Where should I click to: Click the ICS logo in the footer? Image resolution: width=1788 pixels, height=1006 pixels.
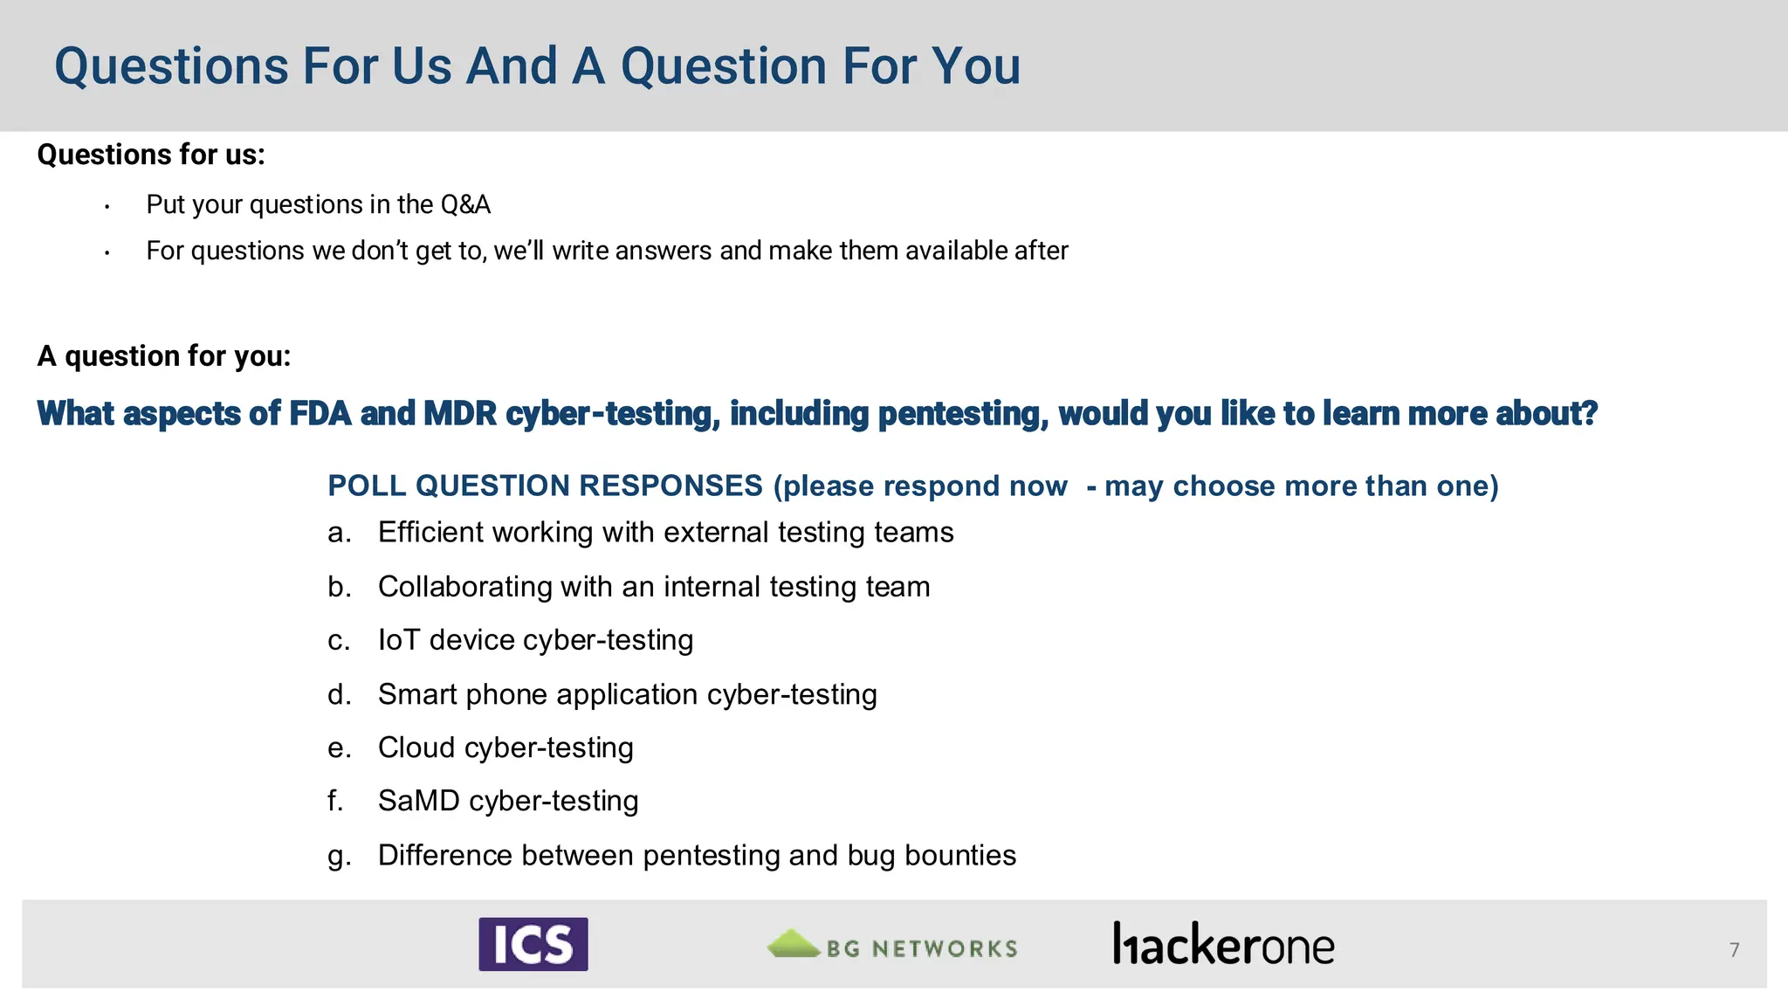click(533, 944)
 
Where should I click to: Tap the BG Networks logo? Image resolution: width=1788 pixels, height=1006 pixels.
click(892, 946)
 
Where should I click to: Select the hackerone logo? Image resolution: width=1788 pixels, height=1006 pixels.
click(1223, 945)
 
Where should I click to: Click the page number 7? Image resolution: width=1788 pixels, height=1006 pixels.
click(1734, 950)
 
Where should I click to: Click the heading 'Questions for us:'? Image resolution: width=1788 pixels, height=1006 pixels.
click(150, 155)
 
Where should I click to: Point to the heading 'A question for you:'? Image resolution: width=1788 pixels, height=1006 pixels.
click(163, 356)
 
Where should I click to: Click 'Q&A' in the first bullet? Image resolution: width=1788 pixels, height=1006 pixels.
click(465, 204)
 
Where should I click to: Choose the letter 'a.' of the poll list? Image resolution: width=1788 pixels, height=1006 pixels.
click(340, 533)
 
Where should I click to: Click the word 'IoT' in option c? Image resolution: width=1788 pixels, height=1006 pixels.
click(398, 640)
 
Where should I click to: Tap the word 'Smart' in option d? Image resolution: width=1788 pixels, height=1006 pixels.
click(417, 694)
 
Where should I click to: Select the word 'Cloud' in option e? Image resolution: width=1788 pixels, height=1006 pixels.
click(416, 748)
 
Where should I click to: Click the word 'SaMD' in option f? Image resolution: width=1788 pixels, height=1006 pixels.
click(418, 801)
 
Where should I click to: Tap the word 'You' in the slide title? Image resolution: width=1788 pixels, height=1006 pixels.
click(975, 66)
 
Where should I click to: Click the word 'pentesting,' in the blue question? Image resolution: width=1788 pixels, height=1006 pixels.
click(963, 413)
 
